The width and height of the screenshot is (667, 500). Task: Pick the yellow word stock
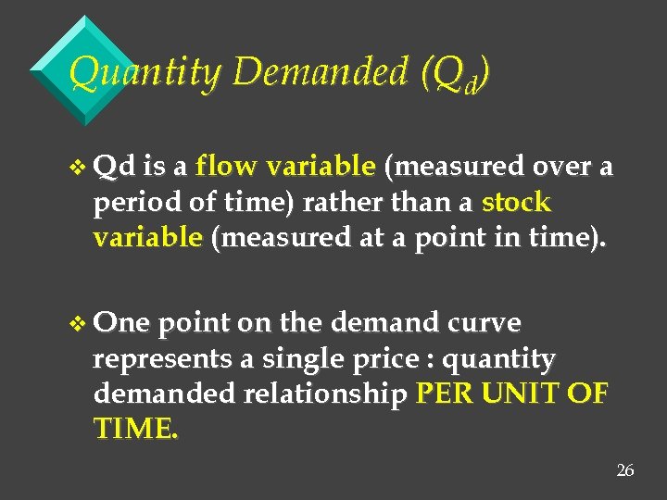[x=516, y=202]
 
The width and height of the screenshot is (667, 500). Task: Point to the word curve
[x=485, y=323]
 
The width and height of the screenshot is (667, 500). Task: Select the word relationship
[x=325, y=394]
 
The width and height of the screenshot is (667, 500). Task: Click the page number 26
[x=625, y=471]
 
